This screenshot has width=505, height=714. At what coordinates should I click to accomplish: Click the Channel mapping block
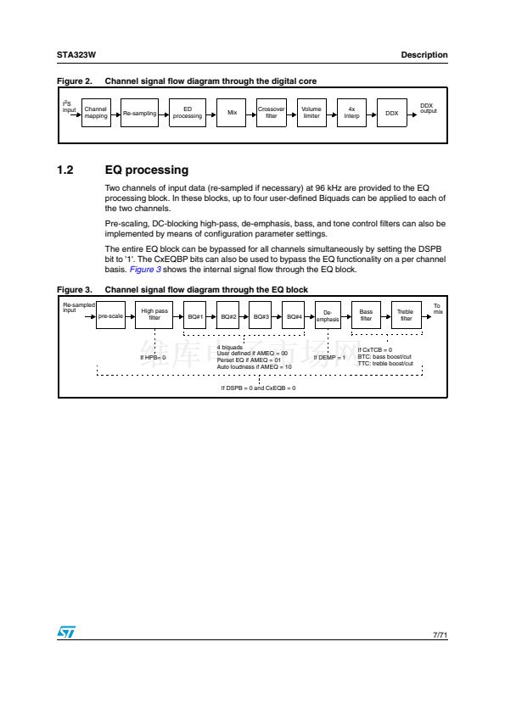point(96,113)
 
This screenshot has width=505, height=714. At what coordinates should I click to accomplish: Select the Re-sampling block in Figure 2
point(139,113)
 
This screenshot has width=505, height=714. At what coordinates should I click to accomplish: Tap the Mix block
point(232,113)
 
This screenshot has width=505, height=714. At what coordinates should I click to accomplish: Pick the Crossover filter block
point(272,113)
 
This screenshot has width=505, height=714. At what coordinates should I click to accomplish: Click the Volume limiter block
point(311,113)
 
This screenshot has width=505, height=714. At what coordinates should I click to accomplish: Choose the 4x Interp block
point(351,113)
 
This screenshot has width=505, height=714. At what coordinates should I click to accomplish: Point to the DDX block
point(392,113)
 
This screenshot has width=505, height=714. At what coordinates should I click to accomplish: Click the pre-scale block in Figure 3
point(110,315)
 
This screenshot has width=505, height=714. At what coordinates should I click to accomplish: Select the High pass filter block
point(154,315)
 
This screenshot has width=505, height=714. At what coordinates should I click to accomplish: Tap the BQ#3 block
point(261,315)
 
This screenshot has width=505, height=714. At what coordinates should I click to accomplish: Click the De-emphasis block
point(328,315)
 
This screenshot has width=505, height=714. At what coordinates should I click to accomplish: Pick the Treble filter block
point(406,315)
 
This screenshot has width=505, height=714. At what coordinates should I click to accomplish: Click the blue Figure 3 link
point(145,270)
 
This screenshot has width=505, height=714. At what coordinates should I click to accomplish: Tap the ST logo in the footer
point(66,632)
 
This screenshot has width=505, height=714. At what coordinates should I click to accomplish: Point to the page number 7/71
point(440,635)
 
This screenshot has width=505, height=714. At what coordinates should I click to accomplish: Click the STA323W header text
point(76,55)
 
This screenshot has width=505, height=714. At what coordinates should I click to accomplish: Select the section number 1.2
point(65,170)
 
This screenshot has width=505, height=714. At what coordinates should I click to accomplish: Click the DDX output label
point(428,109)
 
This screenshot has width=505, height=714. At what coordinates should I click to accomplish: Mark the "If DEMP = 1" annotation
point(329,358)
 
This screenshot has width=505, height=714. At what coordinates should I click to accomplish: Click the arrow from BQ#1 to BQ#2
point(211,316)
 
